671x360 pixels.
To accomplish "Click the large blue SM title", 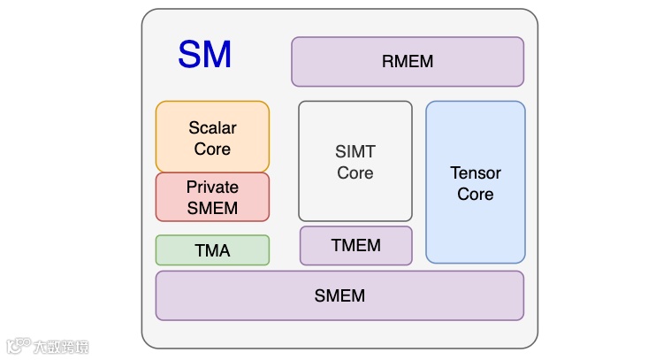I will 204,55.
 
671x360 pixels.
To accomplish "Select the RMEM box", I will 407,61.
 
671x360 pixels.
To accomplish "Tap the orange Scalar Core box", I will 212,137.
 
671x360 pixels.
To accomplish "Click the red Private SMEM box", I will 212,197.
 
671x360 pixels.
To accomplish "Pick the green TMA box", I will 212,250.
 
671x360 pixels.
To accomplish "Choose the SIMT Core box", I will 355,162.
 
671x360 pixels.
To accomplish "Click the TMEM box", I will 355,246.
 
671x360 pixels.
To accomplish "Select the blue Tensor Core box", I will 475,183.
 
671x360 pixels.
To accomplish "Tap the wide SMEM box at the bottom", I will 339,295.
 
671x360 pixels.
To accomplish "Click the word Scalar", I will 212,127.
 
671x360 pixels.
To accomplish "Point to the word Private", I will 212,188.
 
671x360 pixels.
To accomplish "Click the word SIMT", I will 355,152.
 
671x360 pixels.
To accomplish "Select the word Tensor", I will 476,172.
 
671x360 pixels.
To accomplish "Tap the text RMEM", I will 408,62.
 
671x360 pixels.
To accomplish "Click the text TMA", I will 212,251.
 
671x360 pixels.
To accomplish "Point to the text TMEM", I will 355,246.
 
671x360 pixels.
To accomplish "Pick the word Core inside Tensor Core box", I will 476,194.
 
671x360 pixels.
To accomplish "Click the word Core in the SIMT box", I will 355,173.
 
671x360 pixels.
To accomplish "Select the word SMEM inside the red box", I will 212,209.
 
